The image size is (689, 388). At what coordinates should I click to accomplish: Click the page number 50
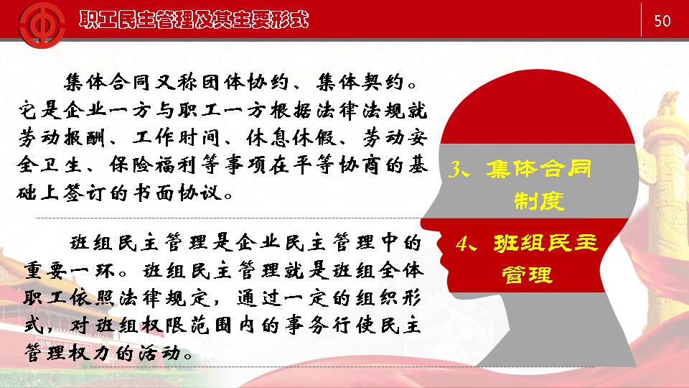[x=662, y=21]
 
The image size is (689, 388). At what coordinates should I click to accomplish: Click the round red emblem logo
[x=42, y=24]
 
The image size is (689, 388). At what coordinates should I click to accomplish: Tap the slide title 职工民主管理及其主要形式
[x=194, y=20]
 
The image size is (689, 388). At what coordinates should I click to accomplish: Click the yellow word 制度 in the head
[x=539, y=201]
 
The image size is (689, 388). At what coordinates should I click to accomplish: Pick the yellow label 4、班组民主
[x=526, y=243]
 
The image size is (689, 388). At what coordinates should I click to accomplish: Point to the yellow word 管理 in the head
[x=527, y=275]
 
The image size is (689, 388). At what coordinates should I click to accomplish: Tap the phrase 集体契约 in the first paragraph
[x=360, y=82]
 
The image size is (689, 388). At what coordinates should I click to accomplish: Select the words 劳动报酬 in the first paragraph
[x=62, y=138]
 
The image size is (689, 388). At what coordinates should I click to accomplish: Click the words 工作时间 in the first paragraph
[x=176, y=138]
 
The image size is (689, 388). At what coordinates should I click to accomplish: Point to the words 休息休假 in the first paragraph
[x=291, y=138]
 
